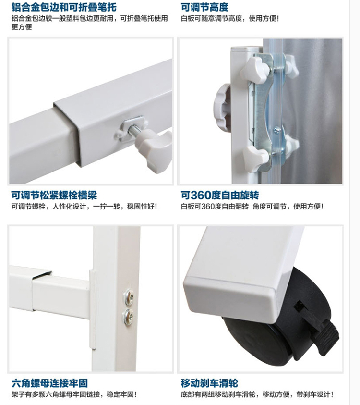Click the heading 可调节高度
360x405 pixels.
204,7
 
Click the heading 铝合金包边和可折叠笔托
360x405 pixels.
64,7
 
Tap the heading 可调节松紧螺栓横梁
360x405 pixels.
54,195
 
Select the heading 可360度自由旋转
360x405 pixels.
220,195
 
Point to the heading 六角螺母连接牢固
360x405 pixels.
49,383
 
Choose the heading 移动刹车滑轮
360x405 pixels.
209,383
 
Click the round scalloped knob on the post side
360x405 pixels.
222,108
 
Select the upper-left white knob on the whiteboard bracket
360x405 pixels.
255,70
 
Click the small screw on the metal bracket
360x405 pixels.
276,130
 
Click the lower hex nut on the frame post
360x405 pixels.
128,317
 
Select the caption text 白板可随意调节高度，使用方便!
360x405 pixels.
229,19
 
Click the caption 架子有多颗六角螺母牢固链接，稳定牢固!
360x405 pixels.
74,394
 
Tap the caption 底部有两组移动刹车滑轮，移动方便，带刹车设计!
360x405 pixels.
257,394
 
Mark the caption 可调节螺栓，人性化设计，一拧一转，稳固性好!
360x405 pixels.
84,207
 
